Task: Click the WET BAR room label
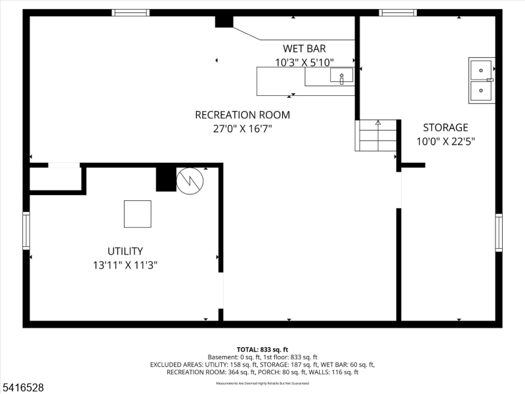pos(304,48)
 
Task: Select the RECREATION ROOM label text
pos(242,115)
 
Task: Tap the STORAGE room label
pos(445,127)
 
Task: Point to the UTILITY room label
pos(125,251)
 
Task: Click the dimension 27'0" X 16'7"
pos(242,129)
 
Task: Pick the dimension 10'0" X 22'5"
pos(445,141)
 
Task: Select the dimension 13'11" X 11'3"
pos(125,265)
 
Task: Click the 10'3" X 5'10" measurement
pos(304,62)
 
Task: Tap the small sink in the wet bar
pos(341,76)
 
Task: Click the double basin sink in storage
pos(481,80)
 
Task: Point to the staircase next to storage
pos(377,135)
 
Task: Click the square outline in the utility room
pos(138,213)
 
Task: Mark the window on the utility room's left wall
pos(26,230)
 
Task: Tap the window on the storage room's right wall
pos(499,232)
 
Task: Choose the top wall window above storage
pos(398,12)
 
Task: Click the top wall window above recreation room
pos(130,12)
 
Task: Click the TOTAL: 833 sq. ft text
pos(262,349)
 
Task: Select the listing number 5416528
pos(22,388)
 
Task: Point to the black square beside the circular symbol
pos(166,179)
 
